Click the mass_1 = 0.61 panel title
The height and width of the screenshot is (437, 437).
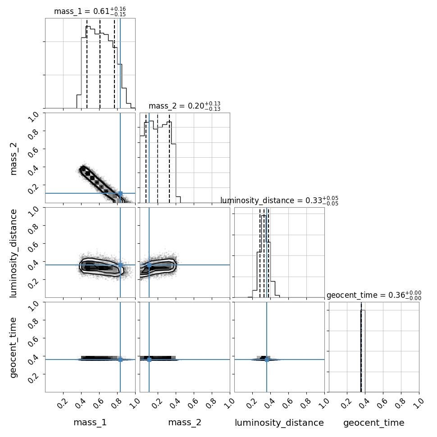(x=90, y=11)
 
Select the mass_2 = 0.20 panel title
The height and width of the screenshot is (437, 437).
(x=185, y=106)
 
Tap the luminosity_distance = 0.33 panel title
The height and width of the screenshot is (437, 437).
(x=279, y=200)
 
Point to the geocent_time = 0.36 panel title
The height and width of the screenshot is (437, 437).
(x=374, y=296)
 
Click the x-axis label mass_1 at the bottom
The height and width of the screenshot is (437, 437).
(x=90, y=423)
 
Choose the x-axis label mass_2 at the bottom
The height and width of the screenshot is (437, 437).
(x=185, y=423)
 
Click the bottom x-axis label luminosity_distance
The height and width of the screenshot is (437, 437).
(x=279, y=423)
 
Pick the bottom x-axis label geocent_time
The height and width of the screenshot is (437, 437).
(x=374, y=423)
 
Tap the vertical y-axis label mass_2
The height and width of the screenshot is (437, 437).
(x=14, y=159)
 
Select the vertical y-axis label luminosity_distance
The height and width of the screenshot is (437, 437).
(x=14, y=253)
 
